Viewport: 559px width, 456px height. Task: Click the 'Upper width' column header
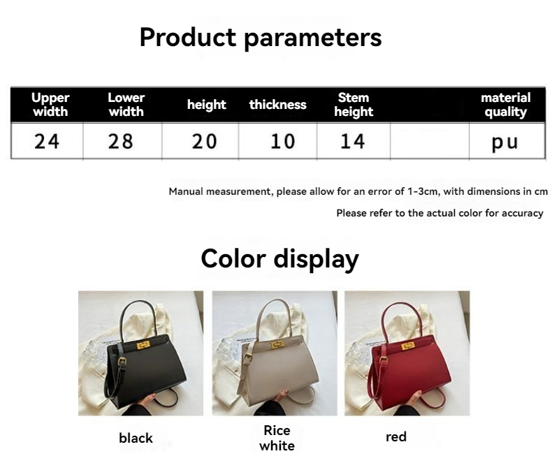pos(50,104)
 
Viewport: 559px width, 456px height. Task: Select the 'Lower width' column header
pos(126,104)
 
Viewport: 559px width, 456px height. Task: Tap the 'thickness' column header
pos(277,104)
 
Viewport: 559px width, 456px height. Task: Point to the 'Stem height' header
pos(354,104)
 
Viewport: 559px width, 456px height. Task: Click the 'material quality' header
pos(505,104)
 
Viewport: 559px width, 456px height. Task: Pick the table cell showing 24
pos(47,142)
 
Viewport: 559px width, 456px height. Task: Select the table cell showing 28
pos(121,142)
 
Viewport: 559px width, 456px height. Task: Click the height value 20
pos(204,142)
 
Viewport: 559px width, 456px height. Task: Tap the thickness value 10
pos(283,142)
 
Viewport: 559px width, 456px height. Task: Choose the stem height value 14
pos(353,142)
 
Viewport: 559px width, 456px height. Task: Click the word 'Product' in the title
pos(188,37)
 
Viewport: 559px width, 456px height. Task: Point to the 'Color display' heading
pos(280,259)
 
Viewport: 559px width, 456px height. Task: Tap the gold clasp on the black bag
pos(143,345)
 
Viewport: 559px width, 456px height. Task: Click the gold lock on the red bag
pos(408,346)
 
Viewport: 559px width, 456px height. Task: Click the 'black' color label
pos(136,438)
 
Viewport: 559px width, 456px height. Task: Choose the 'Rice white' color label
pos(277,438)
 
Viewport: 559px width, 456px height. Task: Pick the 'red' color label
pos(396,436)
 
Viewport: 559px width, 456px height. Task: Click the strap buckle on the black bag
pos(122,362)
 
